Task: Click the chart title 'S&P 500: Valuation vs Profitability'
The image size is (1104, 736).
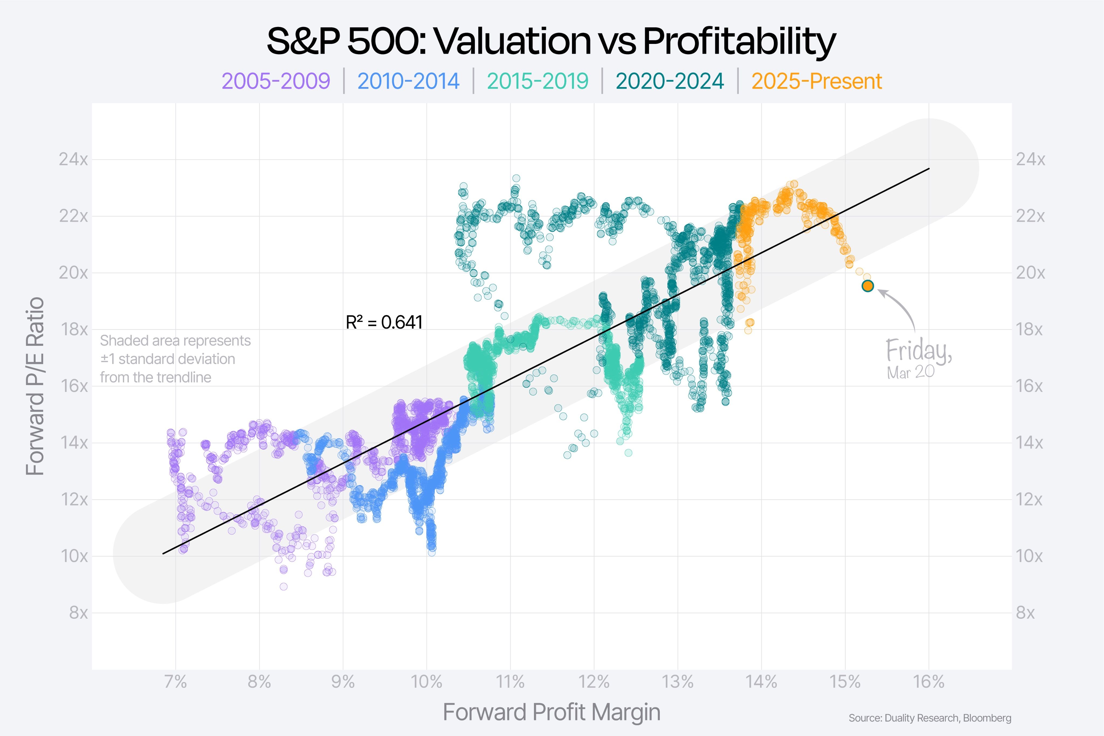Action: pos(551,41)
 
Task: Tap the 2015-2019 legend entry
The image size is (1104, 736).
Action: pos(537,81)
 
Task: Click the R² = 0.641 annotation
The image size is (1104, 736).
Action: pos(384,323)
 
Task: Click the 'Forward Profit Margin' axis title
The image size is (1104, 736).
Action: pos(551,712)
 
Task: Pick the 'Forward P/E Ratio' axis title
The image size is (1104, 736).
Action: pos(35,386)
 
